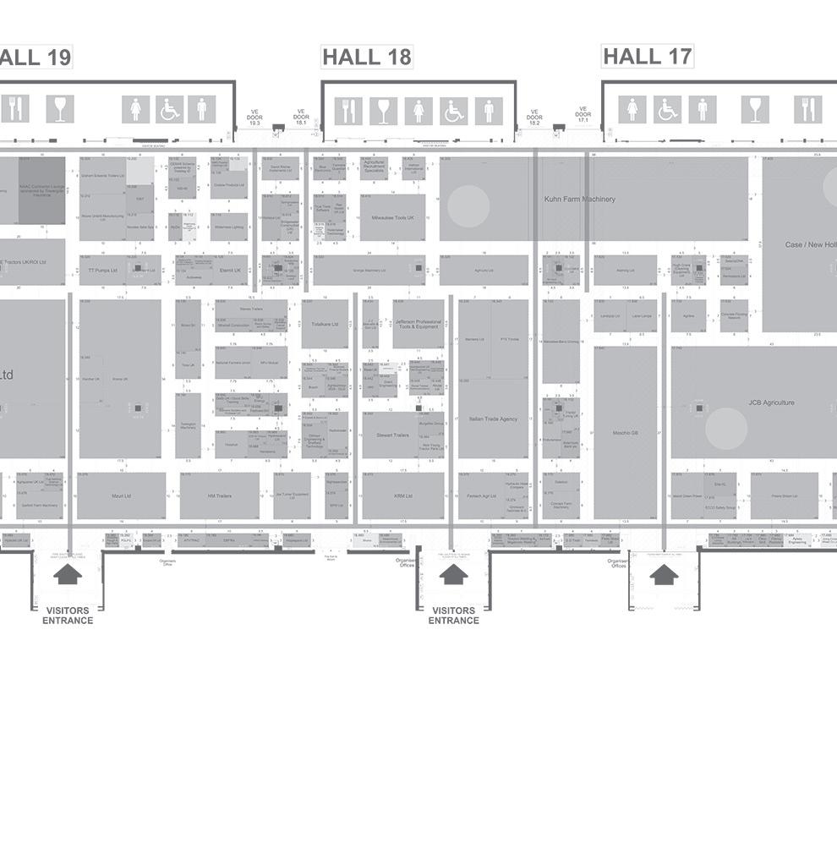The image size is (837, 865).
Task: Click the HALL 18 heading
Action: pos(367,57)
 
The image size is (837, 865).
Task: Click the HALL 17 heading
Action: pos(647,56)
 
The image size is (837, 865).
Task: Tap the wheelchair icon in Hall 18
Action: pos(453,110)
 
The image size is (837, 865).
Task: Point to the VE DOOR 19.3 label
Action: pos(254,118)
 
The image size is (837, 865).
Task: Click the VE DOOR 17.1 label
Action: pos(583,114)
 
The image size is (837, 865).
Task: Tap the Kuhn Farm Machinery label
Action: pos(579,200)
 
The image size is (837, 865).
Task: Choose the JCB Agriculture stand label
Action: pos(771,402)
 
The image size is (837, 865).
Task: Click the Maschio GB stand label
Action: pos(625,433)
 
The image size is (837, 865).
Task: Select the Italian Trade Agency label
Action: pos(493,419)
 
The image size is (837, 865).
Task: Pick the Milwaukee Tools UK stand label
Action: pos(393,217)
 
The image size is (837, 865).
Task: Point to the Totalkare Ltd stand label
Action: pos(325,324)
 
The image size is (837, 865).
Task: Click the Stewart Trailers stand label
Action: pos(391,435)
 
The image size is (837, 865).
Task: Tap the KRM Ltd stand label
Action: pos(403,496)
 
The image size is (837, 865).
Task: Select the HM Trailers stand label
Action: pos(219,496)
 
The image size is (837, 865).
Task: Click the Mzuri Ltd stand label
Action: pos(121,496)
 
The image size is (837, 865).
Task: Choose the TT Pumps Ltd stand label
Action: pos(102,271)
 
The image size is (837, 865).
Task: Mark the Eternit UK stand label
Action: pos(230,271)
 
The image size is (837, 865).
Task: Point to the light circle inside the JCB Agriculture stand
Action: pos(726,429)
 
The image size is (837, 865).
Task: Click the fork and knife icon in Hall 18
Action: pos(348,110)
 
